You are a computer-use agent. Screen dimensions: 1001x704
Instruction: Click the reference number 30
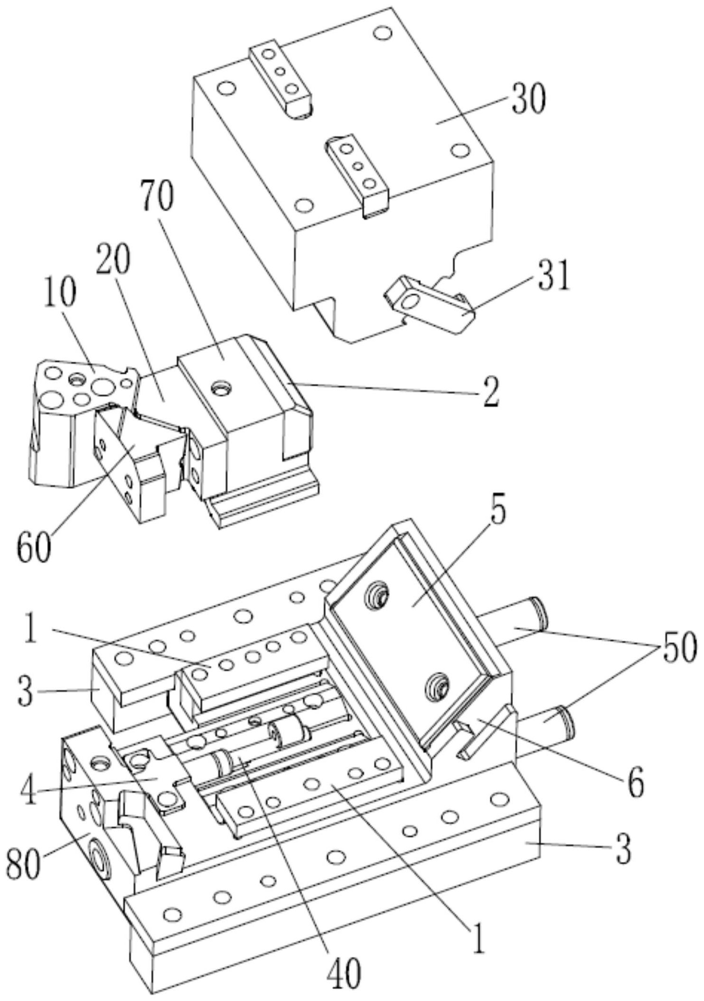[x=528, y=99]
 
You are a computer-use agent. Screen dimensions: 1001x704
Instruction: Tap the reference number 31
[x=552, y=276]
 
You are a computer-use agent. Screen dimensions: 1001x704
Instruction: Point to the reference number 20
[x=113, y=259]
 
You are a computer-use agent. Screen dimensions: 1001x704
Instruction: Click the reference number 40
[x=343, y=971]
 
